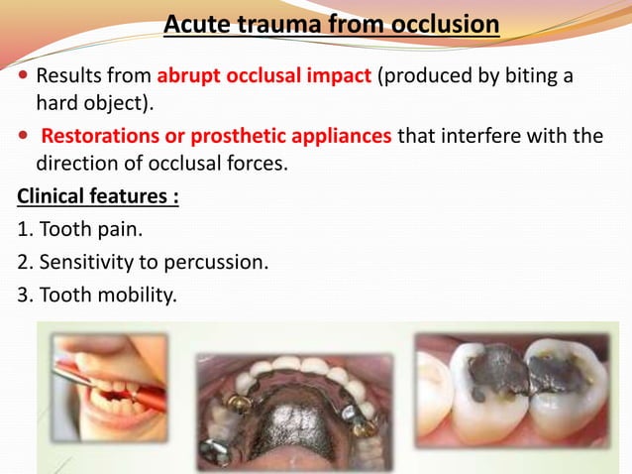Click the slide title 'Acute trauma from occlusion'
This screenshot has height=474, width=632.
(x=331, y=22)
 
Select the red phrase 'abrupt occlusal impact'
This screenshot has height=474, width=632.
(x=264, y=76)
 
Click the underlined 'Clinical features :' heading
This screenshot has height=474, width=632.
(x=98, y=196)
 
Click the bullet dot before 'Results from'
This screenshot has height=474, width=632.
(x=24, y=77)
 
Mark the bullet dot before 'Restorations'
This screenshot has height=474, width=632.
(x=24, y=136)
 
